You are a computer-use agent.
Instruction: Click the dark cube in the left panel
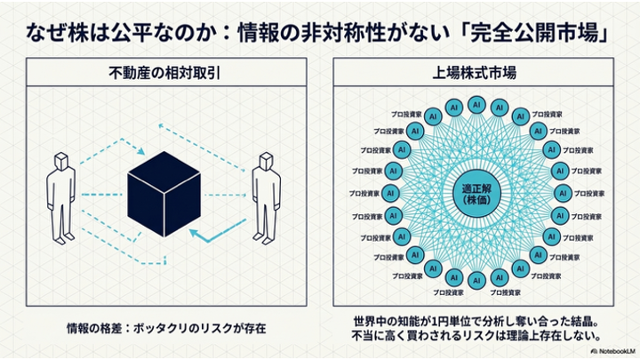[164, 192]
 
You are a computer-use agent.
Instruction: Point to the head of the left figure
[60, 162]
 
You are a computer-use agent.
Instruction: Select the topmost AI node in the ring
[476, 105]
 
